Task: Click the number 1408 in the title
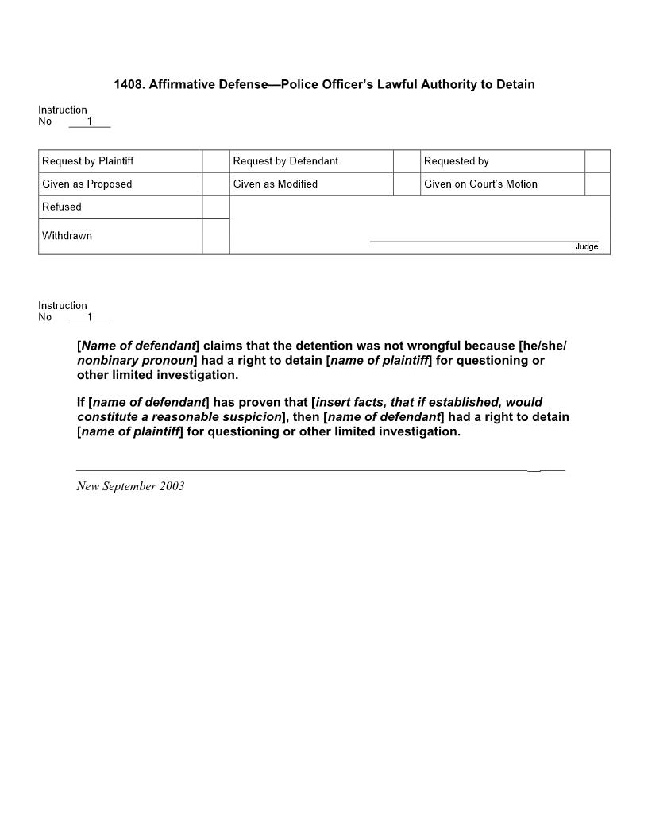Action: coord(129,84)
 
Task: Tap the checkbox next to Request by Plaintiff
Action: coord(216,161)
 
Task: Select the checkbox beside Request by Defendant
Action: coord(407,161)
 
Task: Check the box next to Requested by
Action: coord(597,161)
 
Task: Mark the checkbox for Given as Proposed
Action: coord(216,184)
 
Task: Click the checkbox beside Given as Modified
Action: coord(407,184)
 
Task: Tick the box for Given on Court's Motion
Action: coord(597,184)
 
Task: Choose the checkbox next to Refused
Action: coord(216,207)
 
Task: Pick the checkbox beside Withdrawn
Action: coord(216,237)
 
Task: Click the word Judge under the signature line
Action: coord(587,247)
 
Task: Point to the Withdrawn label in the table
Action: coord(67,236)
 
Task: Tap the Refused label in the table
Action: coord(62,207)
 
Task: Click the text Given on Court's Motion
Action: coord(480,184)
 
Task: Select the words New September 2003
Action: coord(130,486)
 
